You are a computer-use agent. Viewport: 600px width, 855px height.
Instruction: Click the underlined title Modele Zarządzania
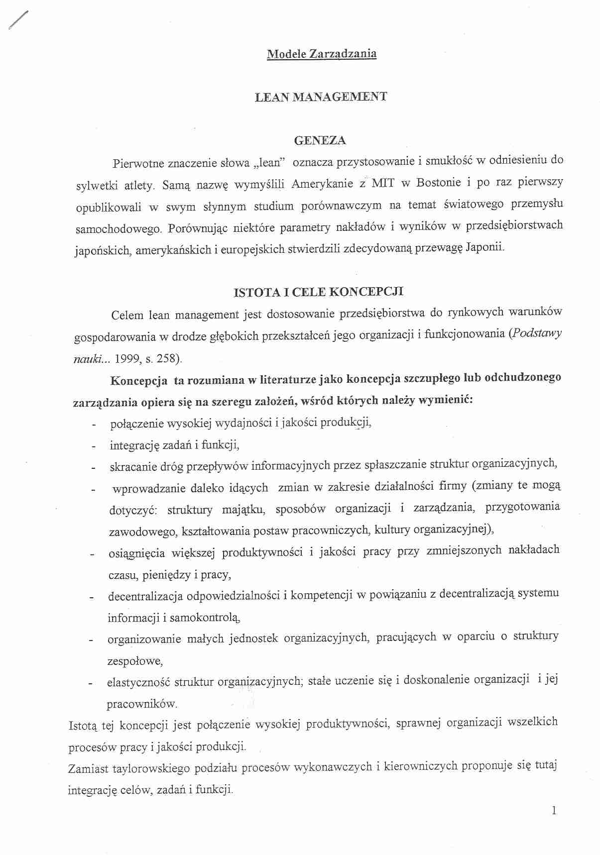(322, 54)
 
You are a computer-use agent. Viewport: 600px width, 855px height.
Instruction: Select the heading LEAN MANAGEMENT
(321, 97)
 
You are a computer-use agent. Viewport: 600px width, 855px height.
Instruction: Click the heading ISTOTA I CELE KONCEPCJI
(319, 292)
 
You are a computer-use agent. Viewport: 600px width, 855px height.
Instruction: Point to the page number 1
(554, 811)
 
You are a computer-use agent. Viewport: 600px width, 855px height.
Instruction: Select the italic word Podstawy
(537, 333)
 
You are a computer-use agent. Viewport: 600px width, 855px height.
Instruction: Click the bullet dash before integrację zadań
(93, 446)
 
